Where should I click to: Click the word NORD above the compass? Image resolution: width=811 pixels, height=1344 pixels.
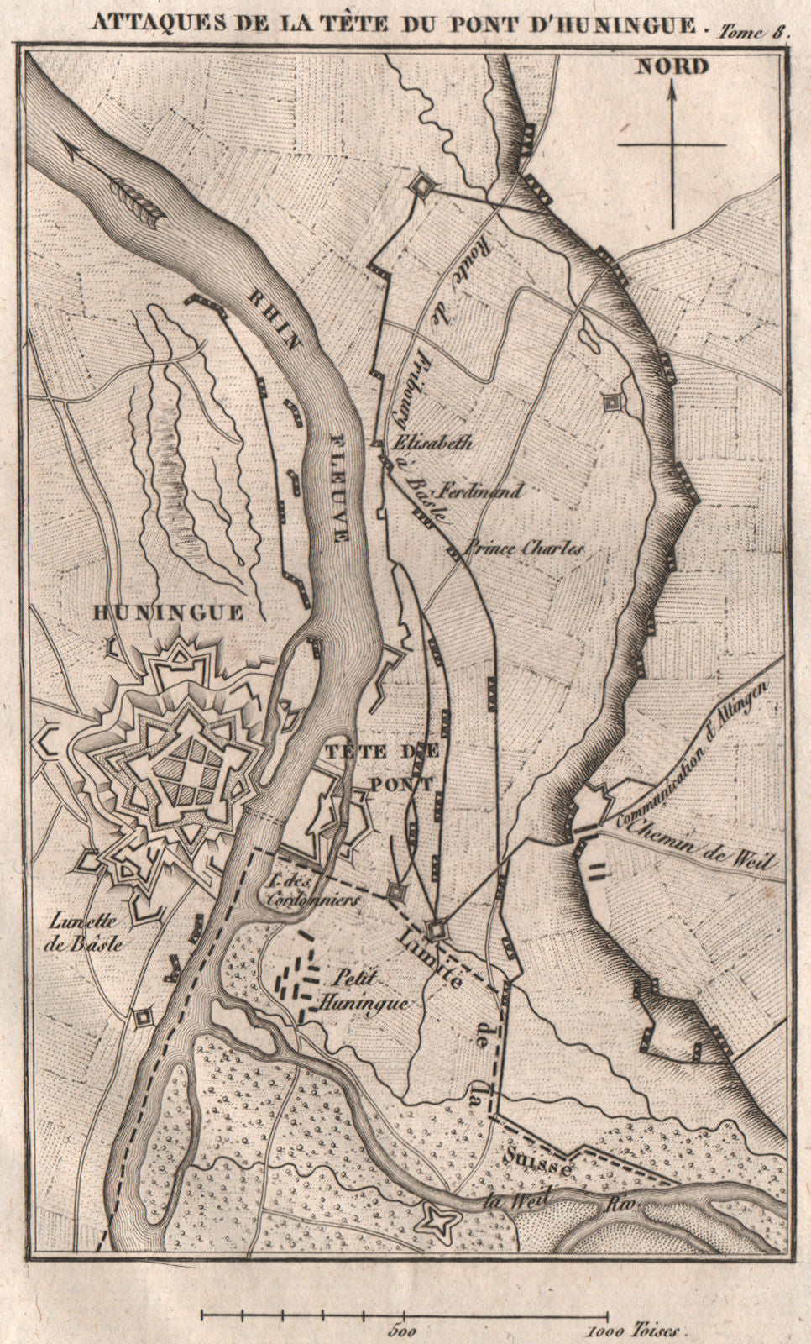tap(672, 66)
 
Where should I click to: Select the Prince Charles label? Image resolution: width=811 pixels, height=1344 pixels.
tap(524, 548)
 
